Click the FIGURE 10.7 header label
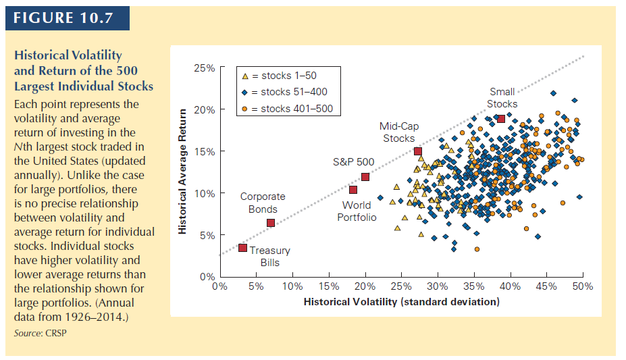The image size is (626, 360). pos(68,18)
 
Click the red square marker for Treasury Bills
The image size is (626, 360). pos(242,248)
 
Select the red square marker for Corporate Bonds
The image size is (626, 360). pos(271,223)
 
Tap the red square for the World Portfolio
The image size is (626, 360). pos(353,190)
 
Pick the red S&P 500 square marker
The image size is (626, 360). pos(365,177)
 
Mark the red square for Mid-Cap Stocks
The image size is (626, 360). pos(418,151)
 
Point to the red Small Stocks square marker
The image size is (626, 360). pos(501,119)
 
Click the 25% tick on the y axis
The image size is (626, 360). pos(205,68)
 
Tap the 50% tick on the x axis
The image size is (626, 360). pos(582,286)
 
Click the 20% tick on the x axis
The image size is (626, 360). pos(365,286)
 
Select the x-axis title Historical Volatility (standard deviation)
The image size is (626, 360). pos(401,301)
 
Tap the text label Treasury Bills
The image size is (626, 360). pos(269,257)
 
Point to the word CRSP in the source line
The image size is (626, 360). pos(58,334)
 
